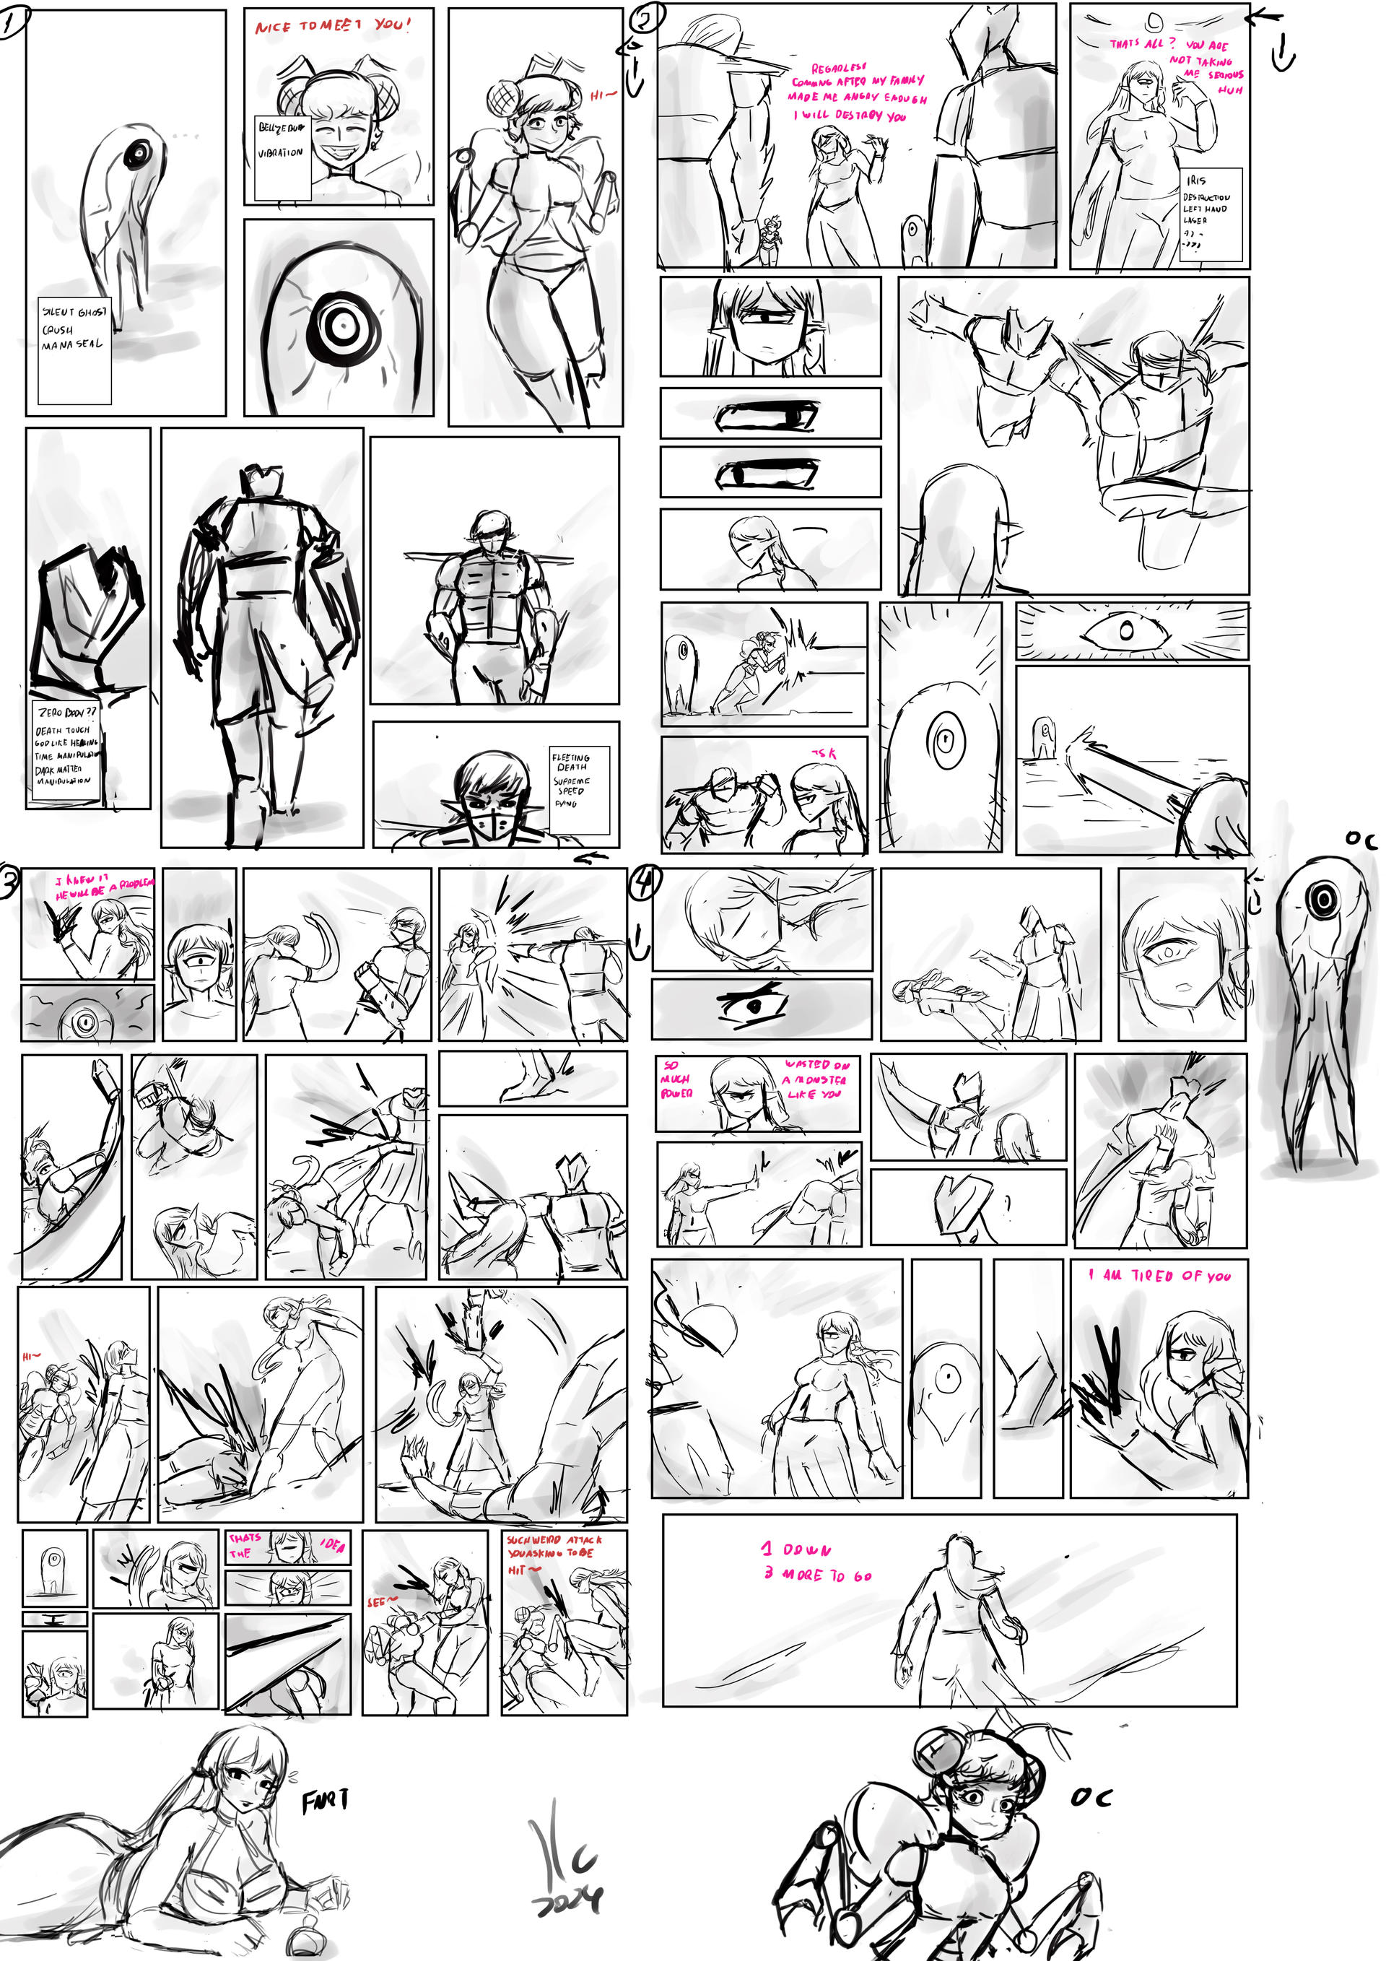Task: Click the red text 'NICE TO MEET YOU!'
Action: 333,25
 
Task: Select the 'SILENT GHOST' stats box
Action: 74,350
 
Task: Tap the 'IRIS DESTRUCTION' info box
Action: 1209,214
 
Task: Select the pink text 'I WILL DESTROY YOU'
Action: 850,115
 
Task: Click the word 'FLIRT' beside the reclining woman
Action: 325,1801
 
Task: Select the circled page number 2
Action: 647,19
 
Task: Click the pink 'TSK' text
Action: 825,753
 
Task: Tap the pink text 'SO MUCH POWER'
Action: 676,1079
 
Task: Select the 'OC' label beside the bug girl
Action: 1091,1797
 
